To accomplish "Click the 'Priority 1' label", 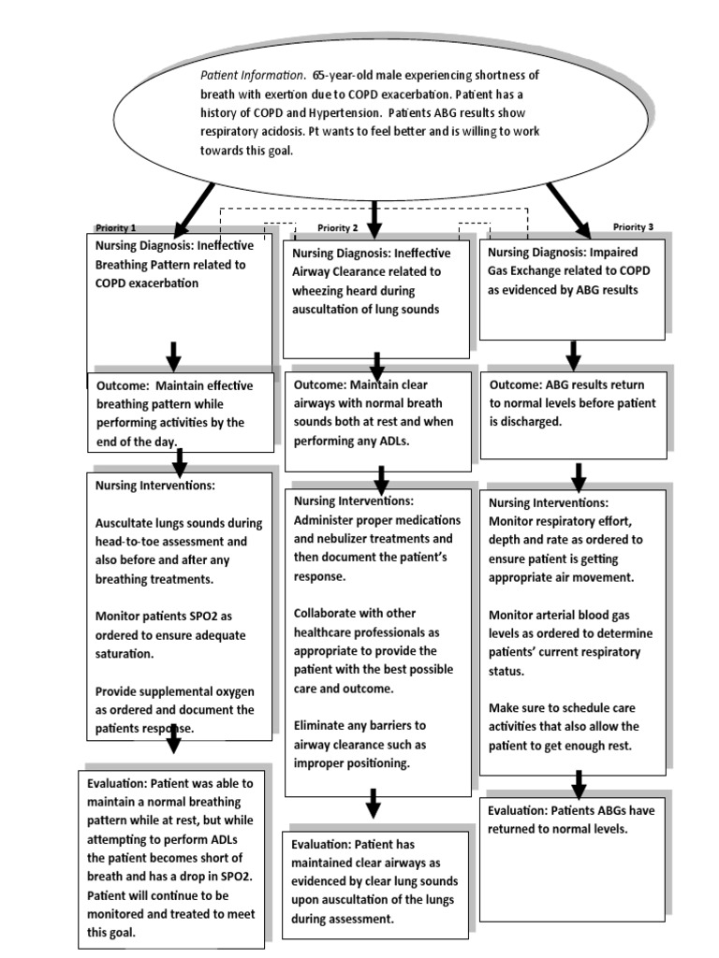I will click(116, 227).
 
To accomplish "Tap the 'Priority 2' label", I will click(338, 227).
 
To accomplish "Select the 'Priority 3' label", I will click(633, 226).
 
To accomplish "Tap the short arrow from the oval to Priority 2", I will click(374, 218).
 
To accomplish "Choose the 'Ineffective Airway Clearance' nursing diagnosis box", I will click(376, 297).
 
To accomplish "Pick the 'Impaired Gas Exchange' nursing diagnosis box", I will click(573, 287).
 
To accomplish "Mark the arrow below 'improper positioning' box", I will click(373, 803).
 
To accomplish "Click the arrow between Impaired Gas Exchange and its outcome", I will click(574, 355).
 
